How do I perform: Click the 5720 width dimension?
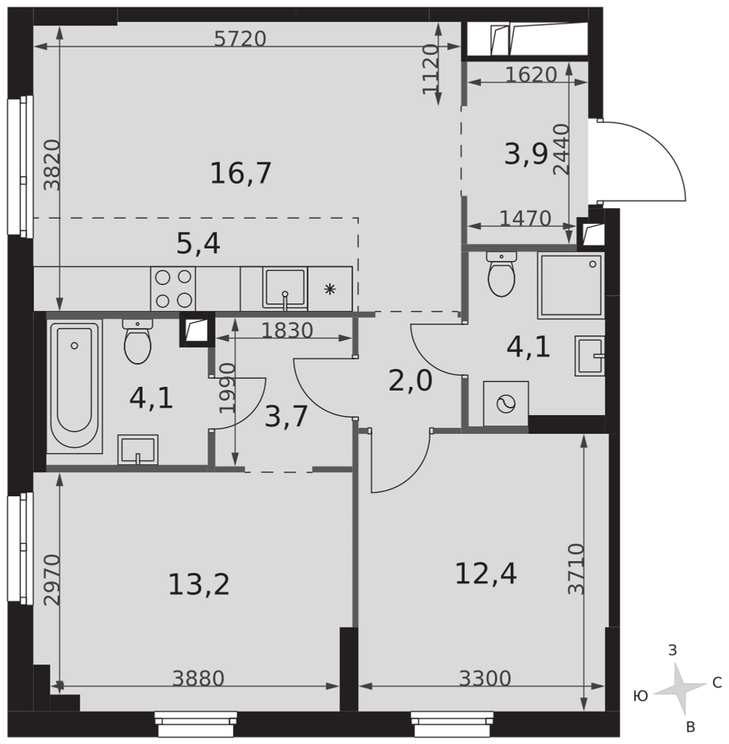[x=240, y=39]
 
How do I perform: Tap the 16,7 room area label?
[x=240, y=173]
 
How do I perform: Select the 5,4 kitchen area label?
[x=198, y=244]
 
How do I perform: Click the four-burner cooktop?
[x=173, y=289]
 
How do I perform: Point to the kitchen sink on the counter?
[x=285, y=289]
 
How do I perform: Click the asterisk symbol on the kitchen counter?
[x=330, y=289]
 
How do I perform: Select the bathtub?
[x=74, y=385]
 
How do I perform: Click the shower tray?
[x=571, y=286]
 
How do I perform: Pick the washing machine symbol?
[x=506, y=404]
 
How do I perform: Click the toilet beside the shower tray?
[x=501, y=275]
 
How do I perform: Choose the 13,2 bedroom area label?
[x=199, y=584]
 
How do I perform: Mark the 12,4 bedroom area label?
[x=486, y=573]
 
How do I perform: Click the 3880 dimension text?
[x=198, y=678]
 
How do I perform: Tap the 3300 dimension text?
[x=485, y=678]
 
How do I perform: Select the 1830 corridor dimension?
[x=287, y=330]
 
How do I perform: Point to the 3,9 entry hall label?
[x=526, y=154]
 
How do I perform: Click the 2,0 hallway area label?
[x=410, y=380]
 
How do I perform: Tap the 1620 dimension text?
[x=530, y=74]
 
